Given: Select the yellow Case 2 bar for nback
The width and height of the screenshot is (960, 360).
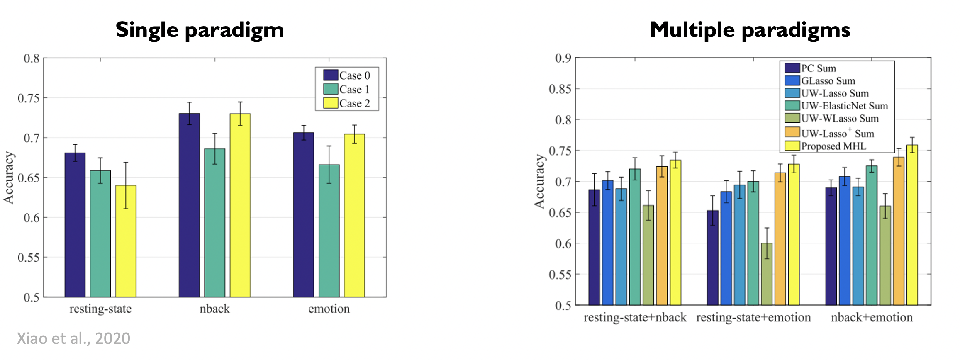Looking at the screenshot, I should [x=240, y=205].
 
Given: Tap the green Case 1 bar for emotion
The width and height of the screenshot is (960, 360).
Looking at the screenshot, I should [x=329, y=231].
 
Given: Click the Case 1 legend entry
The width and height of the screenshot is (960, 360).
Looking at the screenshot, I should [x=347, y=89].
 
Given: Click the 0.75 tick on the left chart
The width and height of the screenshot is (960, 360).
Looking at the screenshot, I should [x=29, y=98].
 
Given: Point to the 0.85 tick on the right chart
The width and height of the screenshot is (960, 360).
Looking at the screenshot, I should [x=560, y=89].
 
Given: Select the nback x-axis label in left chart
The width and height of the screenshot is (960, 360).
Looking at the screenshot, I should [x=214, y=309].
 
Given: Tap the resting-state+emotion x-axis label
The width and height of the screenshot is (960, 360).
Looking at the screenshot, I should [x=753, y=318].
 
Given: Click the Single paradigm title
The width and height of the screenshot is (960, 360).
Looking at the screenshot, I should [x=200, y=30].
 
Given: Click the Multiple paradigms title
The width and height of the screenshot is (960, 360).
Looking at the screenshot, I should [x=750, y=30].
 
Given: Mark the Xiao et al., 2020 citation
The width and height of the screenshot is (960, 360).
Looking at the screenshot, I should [x=73, y=338].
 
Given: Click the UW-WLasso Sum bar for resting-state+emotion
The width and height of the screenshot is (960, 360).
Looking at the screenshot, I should [x=767, y=274].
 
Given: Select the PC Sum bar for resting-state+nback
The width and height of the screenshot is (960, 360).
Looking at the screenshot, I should [x=594, y=247].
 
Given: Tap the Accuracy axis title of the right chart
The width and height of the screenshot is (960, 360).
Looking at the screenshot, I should [x=539, y=181].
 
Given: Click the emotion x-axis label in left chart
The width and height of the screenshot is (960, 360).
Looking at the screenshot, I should [x=329, y=309].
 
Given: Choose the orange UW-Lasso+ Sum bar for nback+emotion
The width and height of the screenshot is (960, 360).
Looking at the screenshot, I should [x=899, y=231].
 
